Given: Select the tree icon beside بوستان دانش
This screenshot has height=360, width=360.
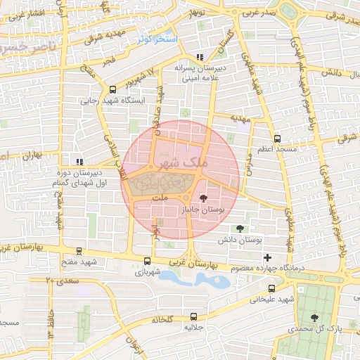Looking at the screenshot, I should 241,228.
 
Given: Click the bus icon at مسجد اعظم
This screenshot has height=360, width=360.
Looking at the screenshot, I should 277,139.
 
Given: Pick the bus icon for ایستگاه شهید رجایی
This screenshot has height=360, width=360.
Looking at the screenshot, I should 112,89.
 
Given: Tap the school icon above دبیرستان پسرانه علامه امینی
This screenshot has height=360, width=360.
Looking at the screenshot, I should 200,56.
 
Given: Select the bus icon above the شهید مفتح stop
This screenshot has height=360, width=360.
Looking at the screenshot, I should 77,250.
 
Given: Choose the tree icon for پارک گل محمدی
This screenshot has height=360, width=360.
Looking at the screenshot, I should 314,318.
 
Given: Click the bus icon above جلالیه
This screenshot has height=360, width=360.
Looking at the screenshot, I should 193,317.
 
